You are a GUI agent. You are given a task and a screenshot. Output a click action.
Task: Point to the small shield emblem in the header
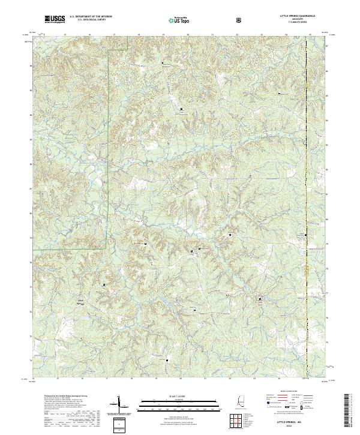point(239,20)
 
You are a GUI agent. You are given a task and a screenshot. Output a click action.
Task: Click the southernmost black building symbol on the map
point(167,360)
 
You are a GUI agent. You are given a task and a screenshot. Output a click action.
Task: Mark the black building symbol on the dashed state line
point(306,235)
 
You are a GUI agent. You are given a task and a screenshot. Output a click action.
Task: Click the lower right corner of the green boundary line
point(107,248)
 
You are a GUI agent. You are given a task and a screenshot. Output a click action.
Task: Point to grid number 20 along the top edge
point(188,35)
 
